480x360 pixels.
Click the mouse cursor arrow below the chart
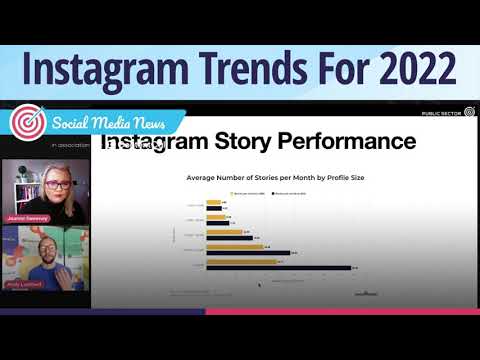tap(260, 285)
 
